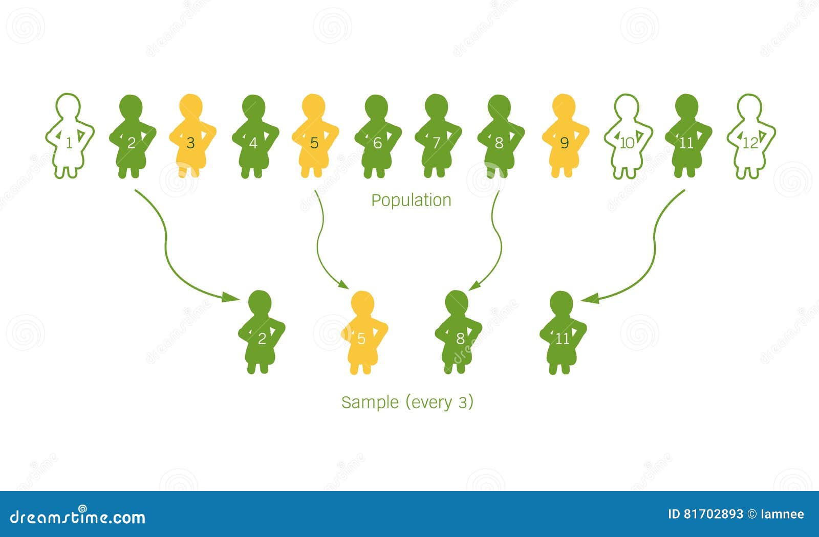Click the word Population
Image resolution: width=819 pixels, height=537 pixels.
411,200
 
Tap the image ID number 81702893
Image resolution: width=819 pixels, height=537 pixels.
713,514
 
